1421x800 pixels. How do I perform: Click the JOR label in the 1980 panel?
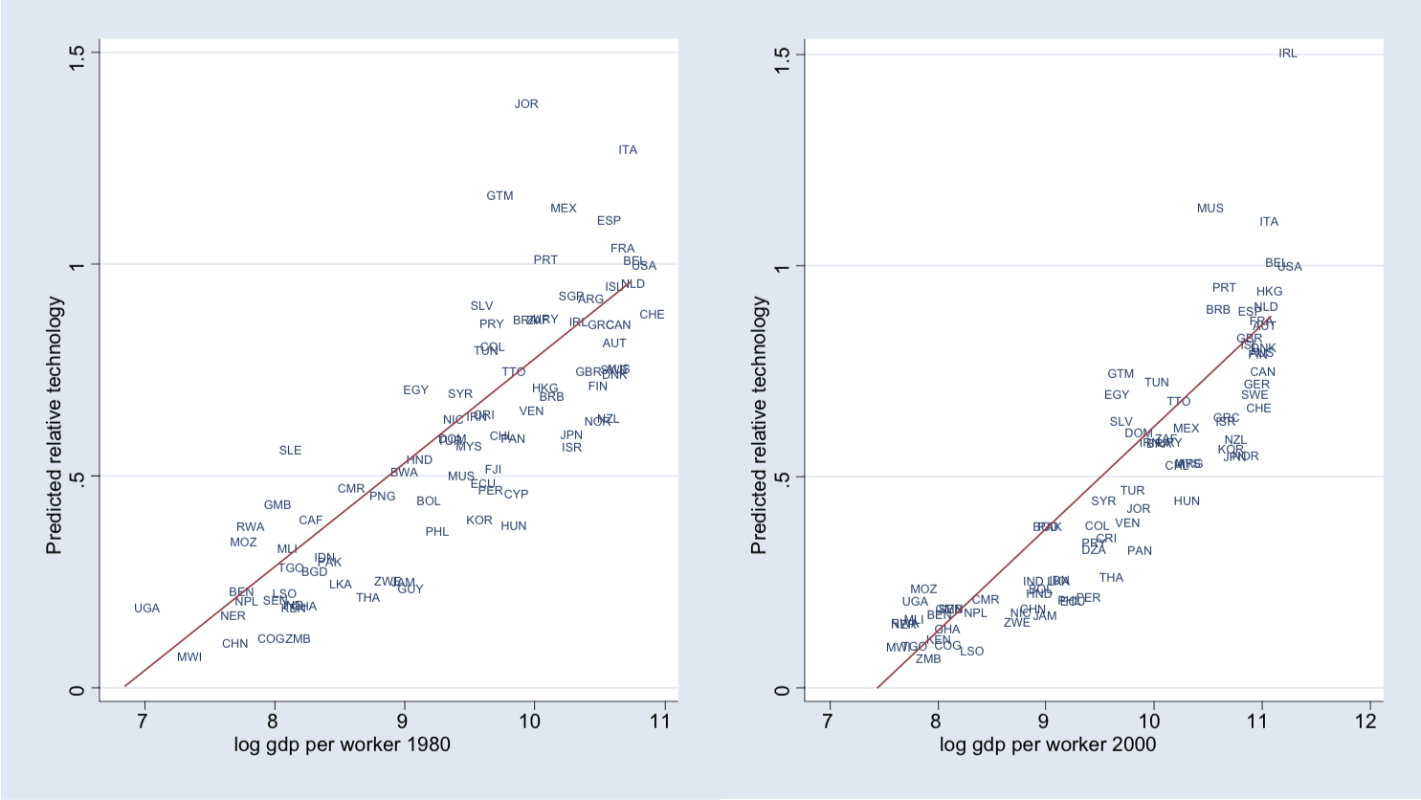coord(526,104)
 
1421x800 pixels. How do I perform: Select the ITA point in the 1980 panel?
coord(628,150)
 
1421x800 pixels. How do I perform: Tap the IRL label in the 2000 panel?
coord(1288,54)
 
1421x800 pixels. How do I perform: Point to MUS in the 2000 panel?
coord(1210,209)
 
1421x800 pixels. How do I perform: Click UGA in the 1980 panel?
coord(146,609)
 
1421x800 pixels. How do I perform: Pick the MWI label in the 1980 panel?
coord(189,657)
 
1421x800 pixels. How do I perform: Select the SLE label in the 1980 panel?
coord(290,451)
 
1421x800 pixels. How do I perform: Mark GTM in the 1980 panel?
coord(500,196)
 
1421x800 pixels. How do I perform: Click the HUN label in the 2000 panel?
coord(1187,501)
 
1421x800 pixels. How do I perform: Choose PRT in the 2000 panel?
coord(1224,288)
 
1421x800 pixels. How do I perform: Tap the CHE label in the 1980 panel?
coord(652,315)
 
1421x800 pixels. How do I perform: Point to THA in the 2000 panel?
coord(1111,578)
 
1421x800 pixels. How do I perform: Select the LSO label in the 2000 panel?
coord(971,652)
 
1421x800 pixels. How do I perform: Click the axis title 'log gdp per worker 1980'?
coord(342,744)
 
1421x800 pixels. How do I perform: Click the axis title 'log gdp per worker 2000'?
coord(1048,744)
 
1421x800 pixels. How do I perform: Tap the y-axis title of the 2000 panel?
coord(760,425)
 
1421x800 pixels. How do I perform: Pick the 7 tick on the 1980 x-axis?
coord(143,722)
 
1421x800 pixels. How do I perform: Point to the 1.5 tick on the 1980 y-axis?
coord(78,54)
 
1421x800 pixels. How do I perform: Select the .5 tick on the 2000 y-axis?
coord(782,478)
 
